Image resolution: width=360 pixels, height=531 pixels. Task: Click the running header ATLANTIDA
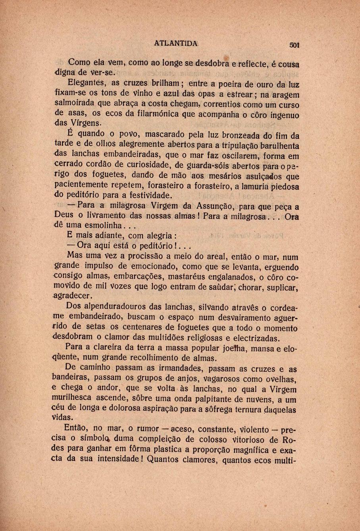(x=175, y=44)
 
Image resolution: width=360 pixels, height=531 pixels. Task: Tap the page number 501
(x=295, y=45)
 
